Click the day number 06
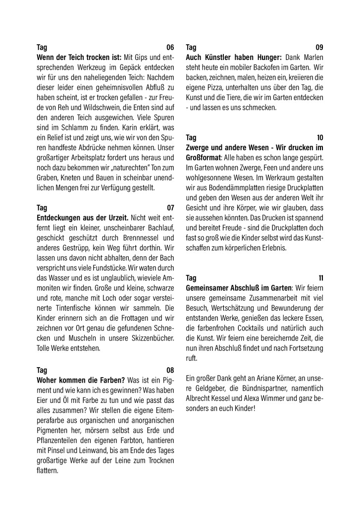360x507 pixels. [x=170, y=48]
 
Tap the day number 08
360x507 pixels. [x=170, y=370]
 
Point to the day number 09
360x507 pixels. [x=319, y=48]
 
